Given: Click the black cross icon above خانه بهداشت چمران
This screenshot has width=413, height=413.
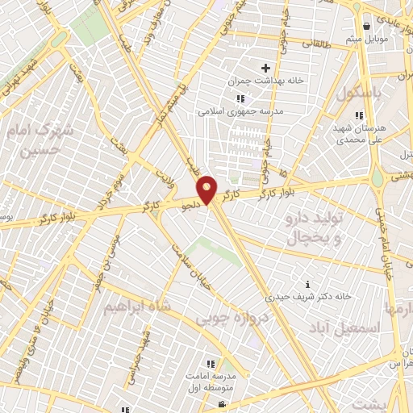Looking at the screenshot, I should tap(265, 68).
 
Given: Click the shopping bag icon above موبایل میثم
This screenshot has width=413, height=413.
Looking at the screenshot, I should tap(368, 25).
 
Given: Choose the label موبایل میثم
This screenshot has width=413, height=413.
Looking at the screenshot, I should tap(367, 38).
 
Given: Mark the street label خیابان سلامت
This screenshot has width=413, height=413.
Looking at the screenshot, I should tap(185, 258).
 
